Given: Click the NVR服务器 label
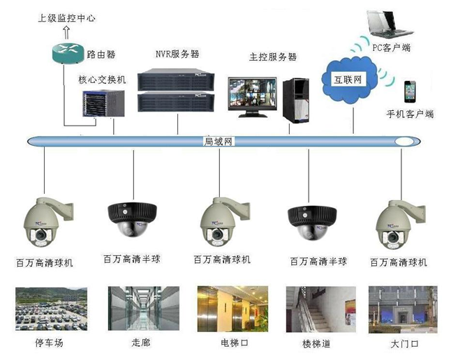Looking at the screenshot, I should pos(177,53).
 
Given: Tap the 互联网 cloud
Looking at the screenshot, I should pos(348,78).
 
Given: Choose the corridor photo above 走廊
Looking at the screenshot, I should pos(135,309).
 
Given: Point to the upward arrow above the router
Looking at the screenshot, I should pos(66,31).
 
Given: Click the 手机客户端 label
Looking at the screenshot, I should pos(410,113).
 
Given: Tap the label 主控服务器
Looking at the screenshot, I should pos(273,56).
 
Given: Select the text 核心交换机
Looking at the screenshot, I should pos(101,81).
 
